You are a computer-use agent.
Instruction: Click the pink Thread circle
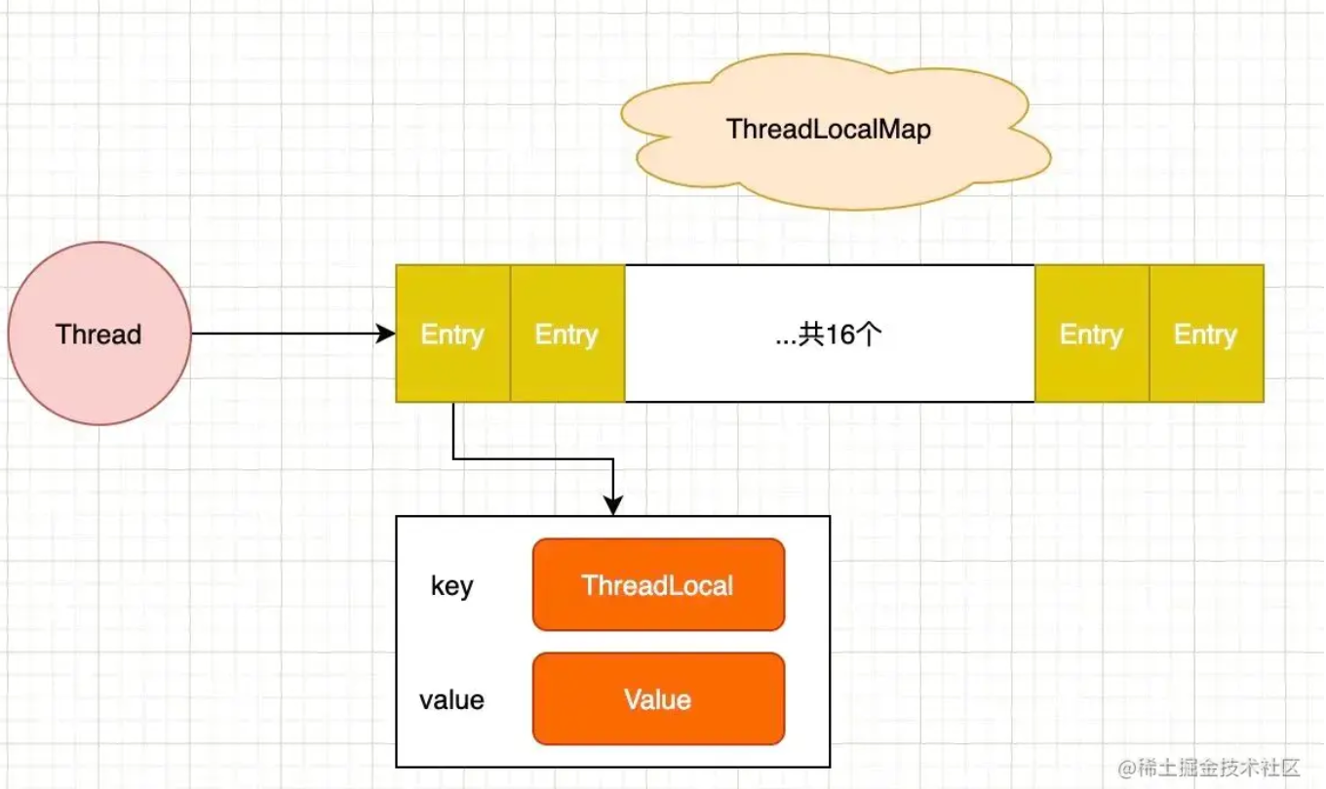pos(99,334)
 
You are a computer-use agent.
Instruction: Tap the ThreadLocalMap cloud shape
pos(835,132)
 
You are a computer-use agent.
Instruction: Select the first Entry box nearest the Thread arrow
pos(452,334)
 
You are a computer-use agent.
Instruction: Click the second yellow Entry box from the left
pos(567,334)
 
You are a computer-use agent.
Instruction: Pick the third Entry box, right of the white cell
pos(1092,334)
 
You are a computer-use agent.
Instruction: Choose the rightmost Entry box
pos(1206,334)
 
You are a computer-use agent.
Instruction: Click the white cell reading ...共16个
pos(830,334)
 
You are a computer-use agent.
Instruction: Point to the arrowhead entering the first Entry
pos(386,334)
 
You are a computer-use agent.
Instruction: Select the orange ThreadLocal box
pos(658,584)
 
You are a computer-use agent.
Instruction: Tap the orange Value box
pos(658,699)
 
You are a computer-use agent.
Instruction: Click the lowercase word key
pos(452,586)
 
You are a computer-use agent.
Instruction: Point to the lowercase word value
pos(451,700)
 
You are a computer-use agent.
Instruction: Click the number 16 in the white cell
pos(840,335)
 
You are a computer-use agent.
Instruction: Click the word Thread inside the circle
pos(98,335)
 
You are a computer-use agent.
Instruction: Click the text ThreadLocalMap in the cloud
pos(829,129)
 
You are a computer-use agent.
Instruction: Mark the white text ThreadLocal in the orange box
pos(658,585)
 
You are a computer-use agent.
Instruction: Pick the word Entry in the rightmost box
pos(1206,335)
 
